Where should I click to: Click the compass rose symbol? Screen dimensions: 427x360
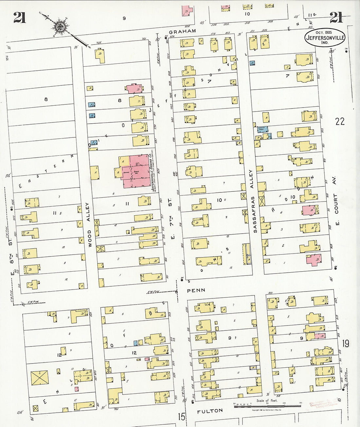click(x=60, y=27)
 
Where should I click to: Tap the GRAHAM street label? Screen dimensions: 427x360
click(x=182, y=31)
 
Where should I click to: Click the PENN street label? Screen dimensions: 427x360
click(x=196, y=290)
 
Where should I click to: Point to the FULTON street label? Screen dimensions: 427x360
click(x=210, y=411)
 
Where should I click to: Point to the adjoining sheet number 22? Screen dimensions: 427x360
click(x=340, y=121)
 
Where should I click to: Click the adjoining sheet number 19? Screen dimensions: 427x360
click(x=346, y=344)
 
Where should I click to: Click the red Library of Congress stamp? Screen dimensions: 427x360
click(x=322, y=404)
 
